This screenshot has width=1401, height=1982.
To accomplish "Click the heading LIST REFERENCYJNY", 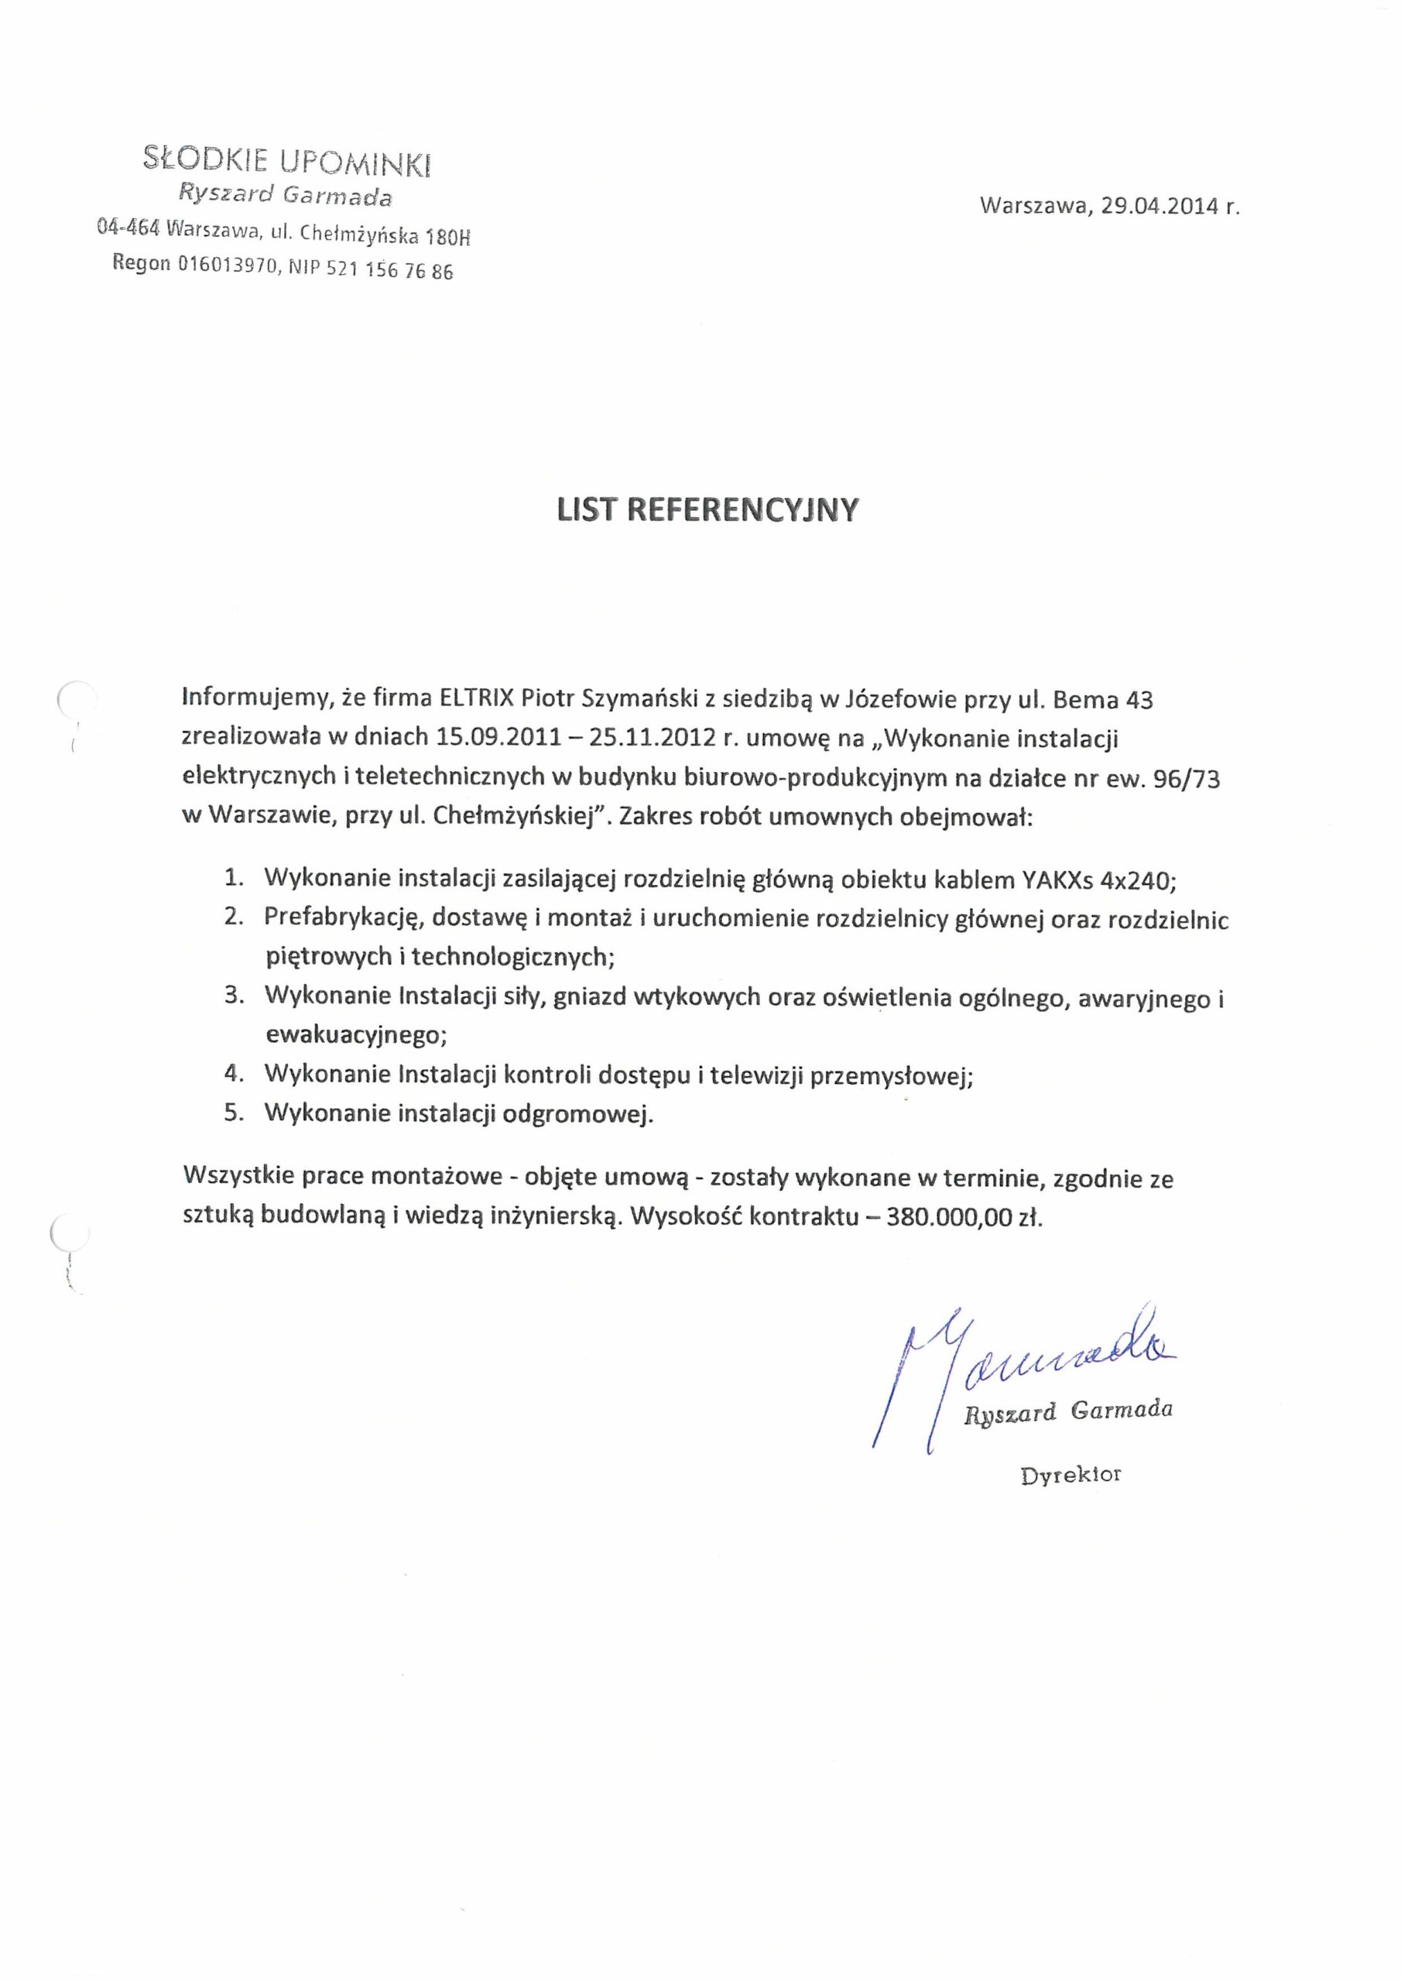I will click(707, 510).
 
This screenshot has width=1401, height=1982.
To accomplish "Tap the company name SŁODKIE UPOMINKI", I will click(287, 160).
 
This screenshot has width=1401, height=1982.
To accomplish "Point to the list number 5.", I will click(233, 1113).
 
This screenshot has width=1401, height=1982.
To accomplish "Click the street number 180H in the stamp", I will click(449, 237).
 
